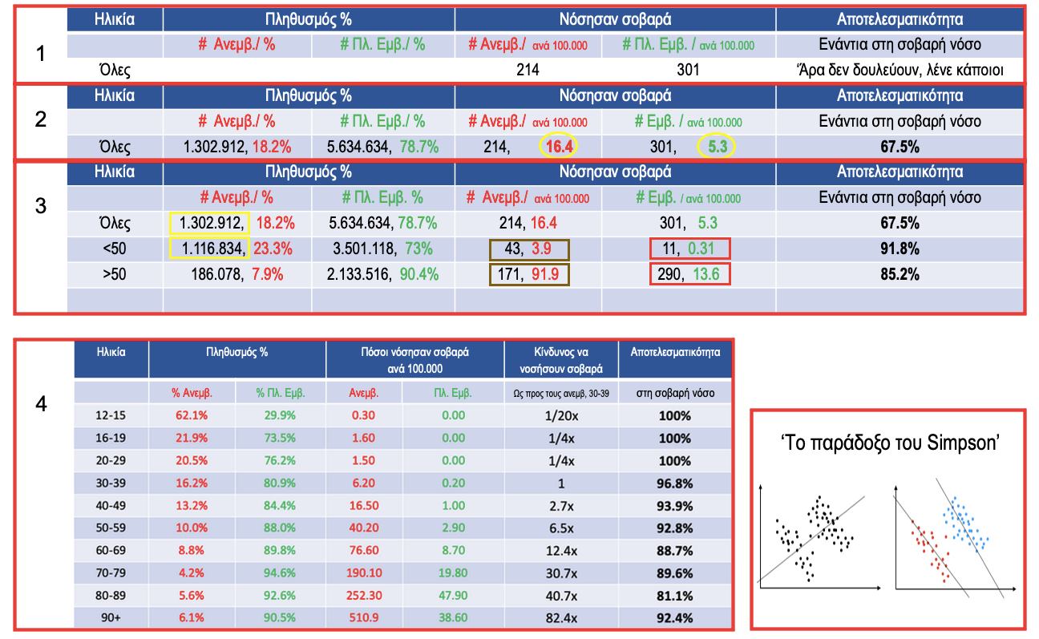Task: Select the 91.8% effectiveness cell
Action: coord(900,249)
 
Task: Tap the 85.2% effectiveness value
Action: coord(900,274)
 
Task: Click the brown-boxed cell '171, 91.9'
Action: coord(528,274)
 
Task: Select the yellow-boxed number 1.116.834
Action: coord(210,249)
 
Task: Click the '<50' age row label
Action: coord(114,249)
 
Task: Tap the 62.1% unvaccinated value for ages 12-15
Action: coord(190,416)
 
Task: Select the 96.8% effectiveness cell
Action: coord(674,483)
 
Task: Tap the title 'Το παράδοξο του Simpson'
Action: coord(889,443)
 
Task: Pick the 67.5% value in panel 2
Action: coord(900,148)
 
